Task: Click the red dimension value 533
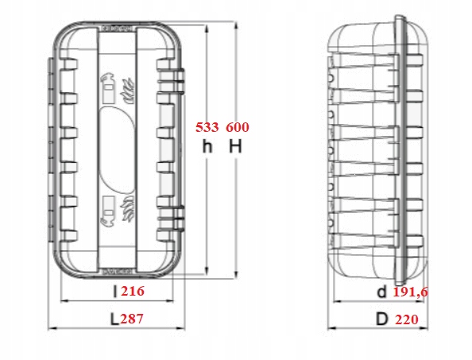tap(207, 127)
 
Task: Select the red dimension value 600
tap(238, 127)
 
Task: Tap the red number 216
tap(133, 291)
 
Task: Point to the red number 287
tap(132, 319)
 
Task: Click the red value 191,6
tap(411, 292)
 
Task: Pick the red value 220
tap(407, 319)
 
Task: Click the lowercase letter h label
tap(207, 146)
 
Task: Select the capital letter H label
tap(235, 146)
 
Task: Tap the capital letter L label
tap(114, 319)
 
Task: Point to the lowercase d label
tap(381, 292)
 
